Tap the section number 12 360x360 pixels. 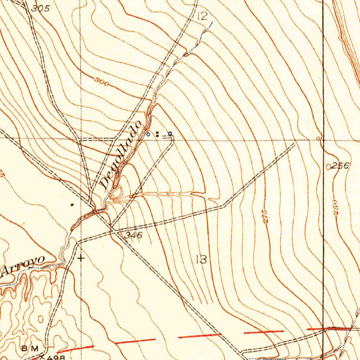click(202, 16)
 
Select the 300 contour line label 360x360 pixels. click(102, 82)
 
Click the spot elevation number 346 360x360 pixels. click(134, 236)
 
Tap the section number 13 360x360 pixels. click(201, 260)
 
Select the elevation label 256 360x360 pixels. click(341, 166)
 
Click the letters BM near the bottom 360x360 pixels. click(30, 348)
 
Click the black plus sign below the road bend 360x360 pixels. click(81, 258)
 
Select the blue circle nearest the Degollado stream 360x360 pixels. click(148, 134)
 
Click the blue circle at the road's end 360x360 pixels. click(170, 133)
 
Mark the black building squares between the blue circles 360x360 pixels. click(157, 134)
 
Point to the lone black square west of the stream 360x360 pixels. click(72, 204)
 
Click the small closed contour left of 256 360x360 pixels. click(328, 167)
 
